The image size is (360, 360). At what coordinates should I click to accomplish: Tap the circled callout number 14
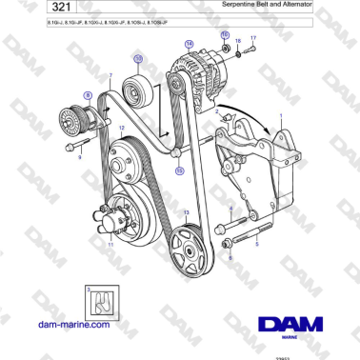[189, 44]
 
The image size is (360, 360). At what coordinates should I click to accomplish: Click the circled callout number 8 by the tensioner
[88, 95]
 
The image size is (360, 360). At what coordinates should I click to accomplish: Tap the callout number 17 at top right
[253, 38]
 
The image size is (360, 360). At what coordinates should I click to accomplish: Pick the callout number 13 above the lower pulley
[187, 213]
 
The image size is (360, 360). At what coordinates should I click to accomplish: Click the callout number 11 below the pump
[110, 245]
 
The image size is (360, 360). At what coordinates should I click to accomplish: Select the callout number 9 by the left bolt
[80, 158]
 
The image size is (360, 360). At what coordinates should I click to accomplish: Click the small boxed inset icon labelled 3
[99, 305]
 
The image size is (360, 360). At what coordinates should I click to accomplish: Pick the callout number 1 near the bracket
[279, 116]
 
